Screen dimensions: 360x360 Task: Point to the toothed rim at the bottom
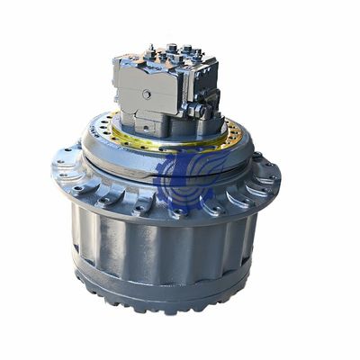coord(171,297)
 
